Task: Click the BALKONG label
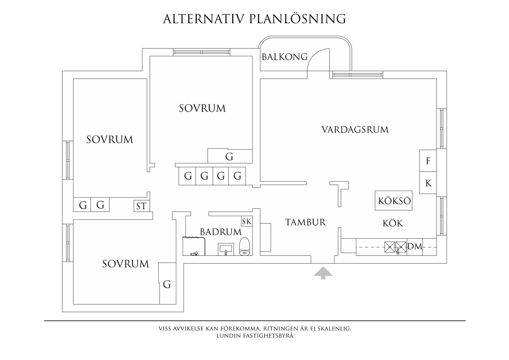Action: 284,57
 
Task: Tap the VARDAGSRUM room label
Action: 355,129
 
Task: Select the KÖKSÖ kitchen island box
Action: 394,201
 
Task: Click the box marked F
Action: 428,161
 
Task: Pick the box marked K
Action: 428,183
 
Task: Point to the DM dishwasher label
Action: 415,247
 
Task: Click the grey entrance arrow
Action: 323,273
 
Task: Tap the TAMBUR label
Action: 306,222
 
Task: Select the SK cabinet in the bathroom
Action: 247,222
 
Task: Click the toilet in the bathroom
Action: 245,246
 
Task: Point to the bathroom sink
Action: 226,249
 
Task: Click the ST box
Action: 141,206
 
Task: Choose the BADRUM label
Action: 221,232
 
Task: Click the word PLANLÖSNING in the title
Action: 297,19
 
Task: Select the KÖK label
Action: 393,223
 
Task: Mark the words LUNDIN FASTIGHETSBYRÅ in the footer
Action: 255,336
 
